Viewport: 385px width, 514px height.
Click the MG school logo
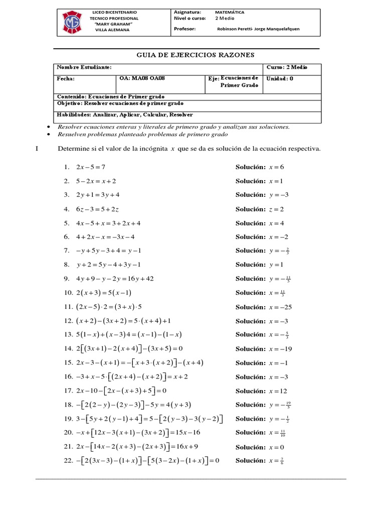tap(72, 21)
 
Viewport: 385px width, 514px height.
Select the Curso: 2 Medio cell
tap(287, 67)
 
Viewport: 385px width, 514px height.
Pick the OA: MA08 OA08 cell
tap(141, 79)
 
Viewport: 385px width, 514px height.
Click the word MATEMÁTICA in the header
tap(231, 12)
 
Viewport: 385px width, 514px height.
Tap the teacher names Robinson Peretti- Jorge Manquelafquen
tap(258, 29)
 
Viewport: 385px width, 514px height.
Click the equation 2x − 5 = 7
tap(91, 167)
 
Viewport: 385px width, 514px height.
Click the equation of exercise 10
tap(104, 293)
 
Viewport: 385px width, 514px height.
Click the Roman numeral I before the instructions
tap(39, 149)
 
